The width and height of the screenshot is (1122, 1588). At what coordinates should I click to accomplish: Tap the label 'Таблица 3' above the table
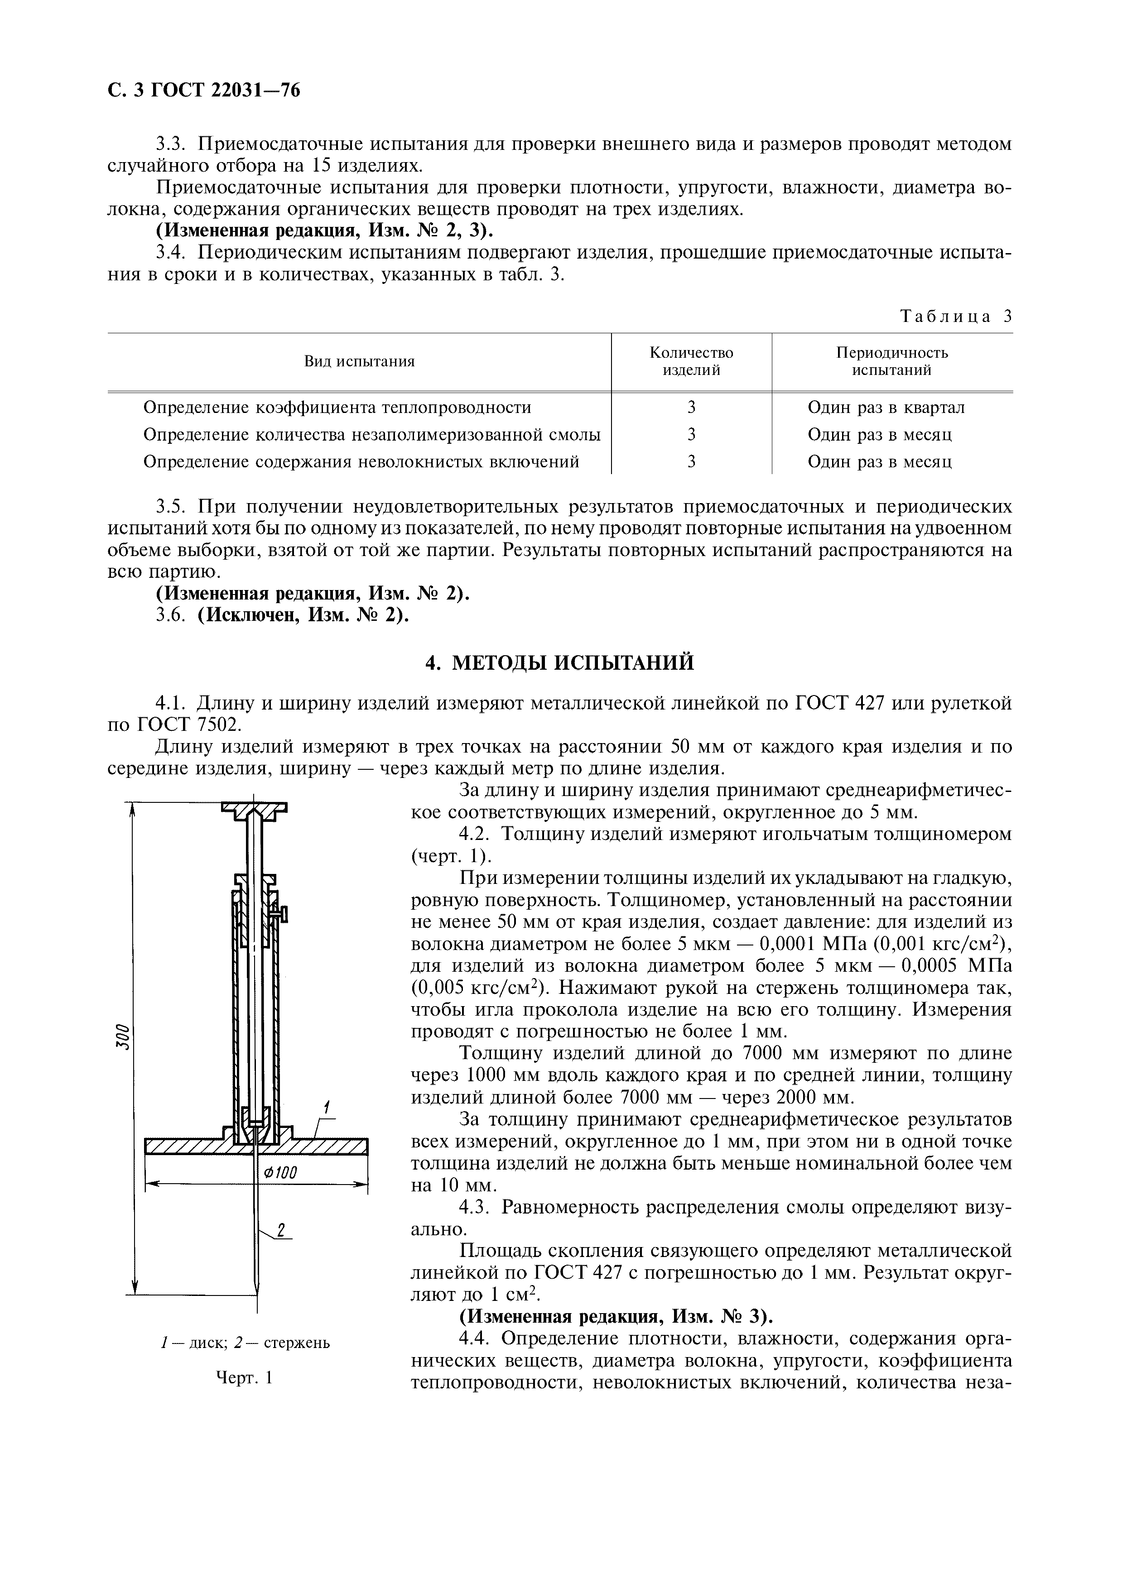pyautogui.click(x=956, y=317)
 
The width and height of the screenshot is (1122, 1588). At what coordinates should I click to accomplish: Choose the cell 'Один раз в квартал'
pyautogui.click(x=886, y=408)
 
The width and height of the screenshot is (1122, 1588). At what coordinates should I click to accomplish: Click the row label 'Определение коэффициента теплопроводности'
pyautogui.click(x=337, y=408)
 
